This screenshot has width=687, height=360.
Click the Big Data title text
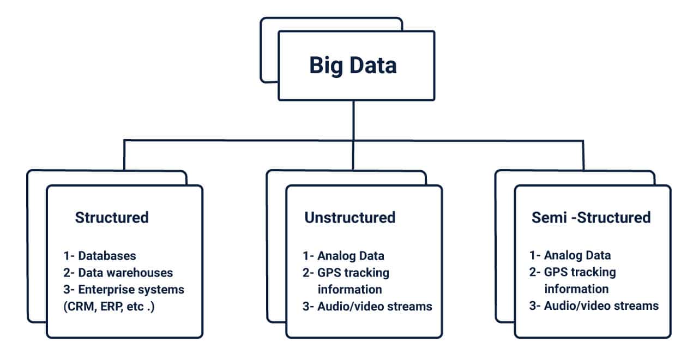click(353, 65)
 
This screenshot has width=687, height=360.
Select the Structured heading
click(112, 217)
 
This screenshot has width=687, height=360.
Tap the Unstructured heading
click(350, 217)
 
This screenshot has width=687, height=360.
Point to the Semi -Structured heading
click(591, 217)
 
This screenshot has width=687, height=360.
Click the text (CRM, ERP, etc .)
click(109, 307)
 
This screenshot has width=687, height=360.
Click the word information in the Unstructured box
click(350, 290)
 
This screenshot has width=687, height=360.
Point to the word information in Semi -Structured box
click(577, 289)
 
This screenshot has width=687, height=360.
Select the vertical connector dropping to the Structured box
click(124, 155)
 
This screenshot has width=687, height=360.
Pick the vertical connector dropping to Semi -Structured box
click(583, 155)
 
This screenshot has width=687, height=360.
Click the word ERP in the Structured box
click(112, 307)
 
